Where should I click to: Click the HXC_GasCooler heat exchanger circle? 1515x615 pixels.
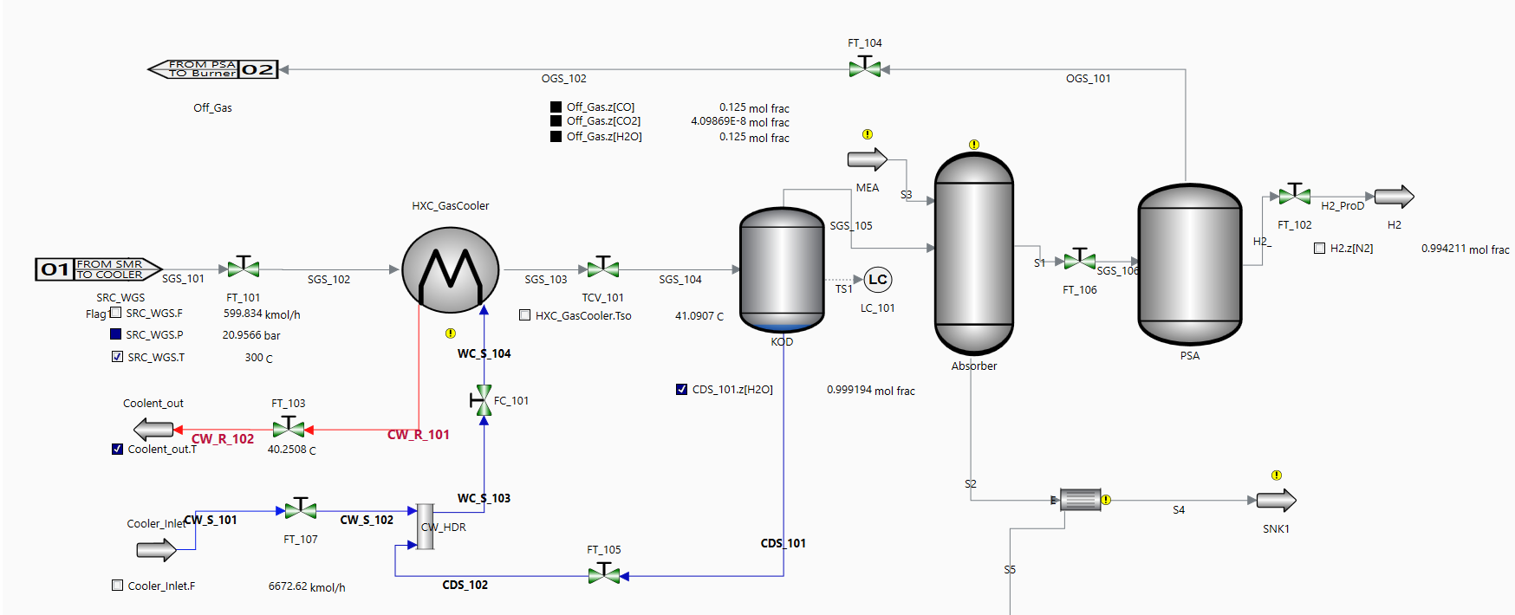pyautogui.click(x=450, y=269)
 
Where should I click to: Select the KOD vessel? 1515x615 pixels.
pyautogui.click(x=782, y=269)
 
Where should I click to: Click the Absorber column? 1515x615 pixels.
pyautogui.click(x=973, y=253)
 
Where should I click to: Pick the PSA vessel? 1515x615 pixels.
pyautogui.click(x=1189, y=264)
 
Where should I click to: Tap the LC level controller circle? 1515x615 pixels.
pyautogui.click(x=878, y=280)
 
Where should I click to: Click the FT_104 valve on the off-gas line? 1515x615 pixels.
pyautogui.click(x=865, y=68)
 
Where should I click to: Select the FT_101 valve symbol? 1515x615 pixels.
pyautogui.click(x=244, y=269)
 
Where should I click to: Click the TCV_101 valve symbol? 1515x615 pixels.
pyautogui.click(x=603, y=269)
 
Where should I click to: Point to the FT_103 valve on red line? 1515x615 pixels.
pyautogui.click(x=289, y=428)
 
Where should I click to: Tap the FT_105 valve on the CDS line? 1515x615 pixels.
pyautogui.click(x=604, y=574)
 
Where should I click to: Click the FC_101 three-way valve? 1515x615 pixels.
pyautogui.click(x=483, y=401)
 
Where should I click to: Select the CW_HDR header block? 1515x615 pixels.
pyautogui.click(x=426, y=527)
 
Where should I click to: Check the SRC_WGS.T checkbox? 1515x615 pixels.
pyautogui.click(x=117, y=357)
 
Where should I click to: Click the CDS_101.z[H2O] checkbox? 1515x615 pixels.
pyautogui.click(x=681, y=390)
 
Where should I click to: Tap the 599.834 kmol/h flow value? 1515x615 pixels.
pyautogui.click(x=261, y=314)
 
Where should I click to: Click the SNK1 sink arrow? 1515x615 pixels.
pyautogui.click(x=1275, y=501)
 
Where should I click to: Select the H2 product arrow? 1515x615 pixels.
pyautogui.click(x=1393, y=197)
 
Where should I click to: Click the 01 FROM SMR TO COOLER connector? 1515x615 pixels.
pyautogui.click(x=98, y=269)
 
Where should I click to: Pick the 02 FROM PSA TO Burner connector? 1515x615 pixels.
pyautogui.click(x=214, y=69)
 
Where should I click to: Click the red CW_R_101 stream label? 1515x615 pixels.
pyautogui.click(x=419, y=435)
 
